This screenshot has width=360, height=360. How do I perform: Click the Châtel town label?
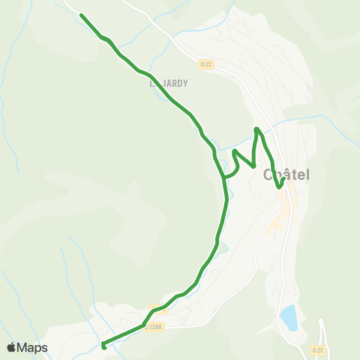[286, 175]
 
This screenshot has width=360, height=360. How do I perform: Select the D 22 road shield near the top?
[207, 64]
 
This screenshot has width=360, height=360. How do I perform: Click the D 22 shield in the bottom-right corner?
[318, 349]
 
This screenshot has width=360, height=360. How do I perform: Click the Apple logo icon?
[12, 347]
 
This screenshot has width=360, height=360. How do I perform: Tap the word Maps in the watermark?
[33, 347]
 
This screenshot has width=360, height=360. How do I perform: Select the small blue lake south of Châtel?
[289, 318]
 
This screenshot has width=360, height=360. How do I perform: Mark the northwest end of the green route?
[81, 15]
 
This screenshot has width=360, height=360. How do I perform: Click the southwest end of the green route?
[103, 346]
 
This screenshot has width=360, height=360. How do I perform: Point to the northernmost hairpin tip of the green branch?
[257, 129]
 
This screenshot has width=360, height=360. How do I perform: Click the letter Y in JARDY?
[184, 84]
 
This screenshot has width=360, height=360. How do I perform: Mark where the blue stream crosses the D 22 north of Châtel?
[271, 123]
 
